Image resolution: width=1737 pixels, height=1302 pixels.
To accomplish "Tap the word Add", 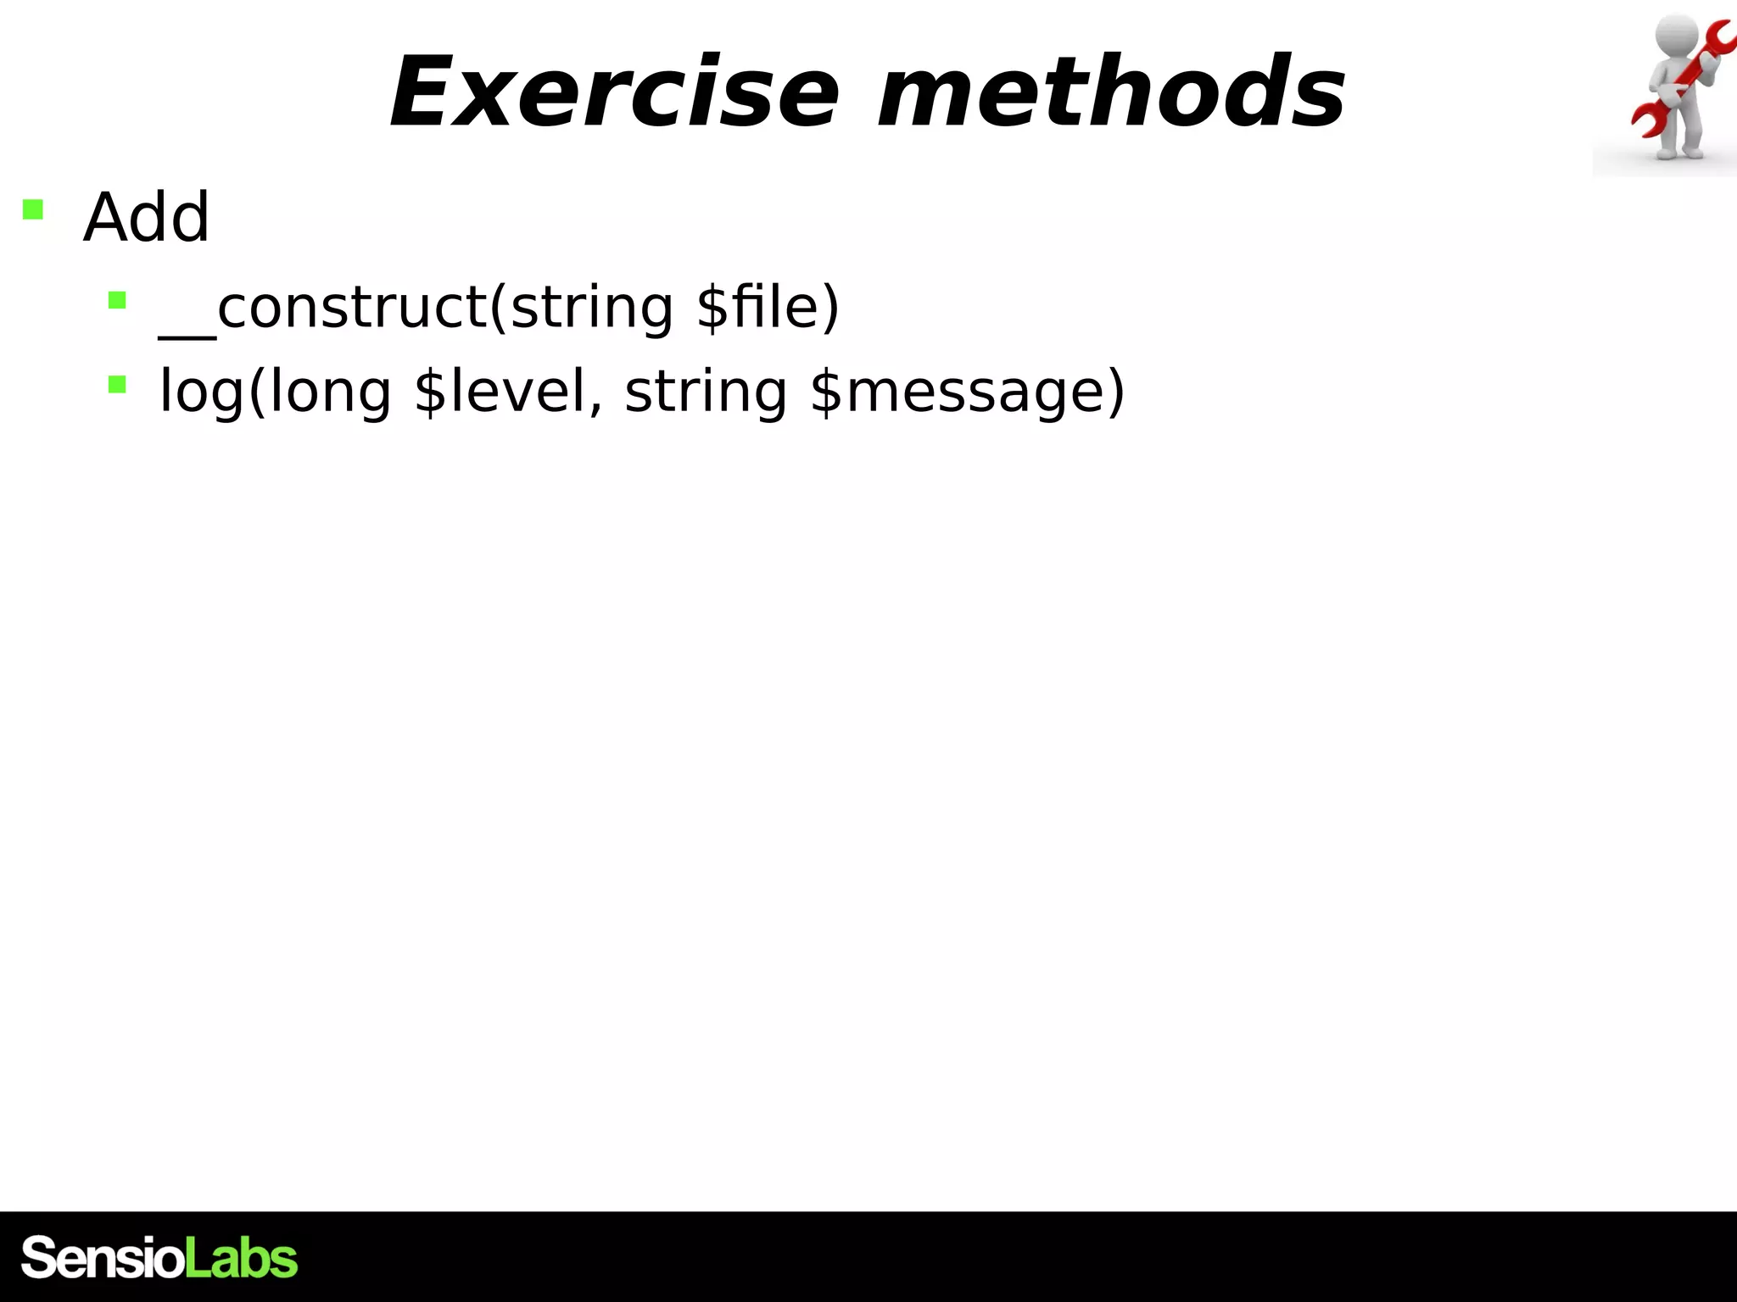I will point(146,217).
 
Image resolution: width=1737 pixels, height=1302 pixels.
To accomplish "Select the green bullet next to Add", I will point(33,209).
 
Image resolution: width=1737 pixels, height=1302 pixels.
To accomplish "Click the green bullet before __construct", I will point(117,300).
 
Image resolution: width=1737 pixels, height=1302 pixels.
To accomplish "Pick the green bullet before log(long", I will point(117,385).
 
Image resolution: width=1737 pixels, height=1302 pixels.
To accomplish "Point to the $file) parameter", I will point(768,307).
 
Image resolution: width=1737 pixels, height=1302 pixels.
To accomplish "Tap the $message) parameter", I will point(967,392).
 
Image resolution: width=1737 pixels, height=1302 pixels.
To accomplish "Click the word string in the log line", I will point(706,392).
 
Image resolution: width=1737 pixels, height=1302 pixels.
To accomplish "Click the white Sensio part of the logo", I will point(102,1257).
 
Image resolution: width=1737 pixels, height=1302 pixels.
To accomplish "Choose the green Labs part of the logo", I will point(242,1257).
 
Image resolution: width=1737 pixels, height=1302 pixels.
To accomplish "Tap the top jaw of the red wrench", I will point(1717,38).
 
